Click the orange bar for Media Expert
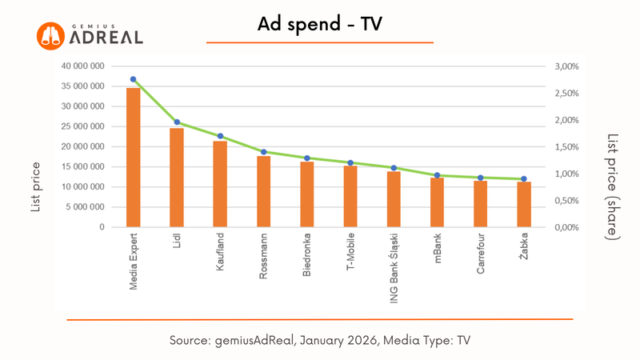[x=134, y=158]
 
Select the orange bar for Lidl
[x=177, y=178]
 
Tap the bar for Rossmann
[x=263, y=191]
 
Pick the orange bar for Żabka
[x=524, y=204]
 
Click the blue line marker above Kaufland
[x=220, y=136]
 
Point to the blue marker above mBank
[x=437, y=175]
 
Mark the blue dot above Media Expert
[x=134, y=79]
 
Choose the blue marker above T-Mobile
[x=350, y=162]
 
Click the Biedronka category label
[x=307, y=256]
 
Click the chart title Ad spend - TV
[x=320, y=26]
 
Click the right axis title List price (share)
[x=611, y=186]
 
